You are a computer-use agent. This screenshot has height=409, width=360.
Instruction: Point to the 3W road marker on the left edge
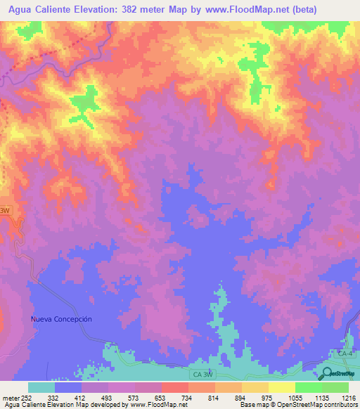[x=6, y=210]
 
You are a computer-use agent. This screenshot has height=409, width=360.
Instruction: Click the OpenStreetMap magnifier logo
[x=328, y=373]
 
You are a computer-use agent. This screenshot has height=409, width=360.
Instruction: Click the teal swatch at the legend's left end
[x=41, y=387]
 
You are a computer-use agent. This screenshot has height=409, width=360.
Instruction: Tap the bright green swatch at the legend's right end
[x=335, y=387]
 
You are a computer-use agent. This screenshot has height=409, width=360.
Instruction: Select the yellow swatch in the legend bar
[x=281, y=387]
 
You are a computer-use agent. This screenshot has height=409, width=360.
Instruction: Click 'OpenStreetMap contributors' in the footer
[x=326, y=405]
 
